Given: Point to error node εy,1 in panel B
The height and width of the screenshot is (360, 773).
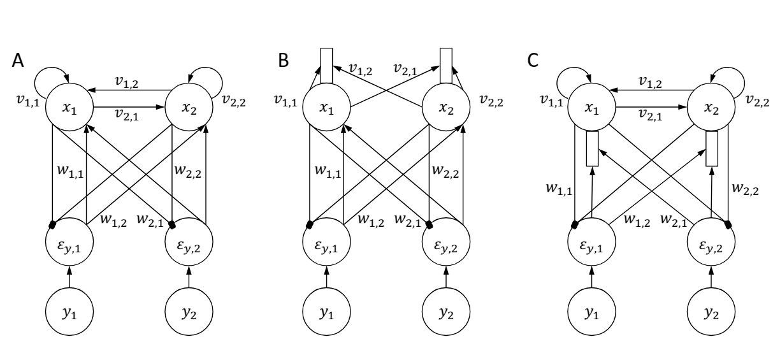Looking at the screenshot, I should click(x=327, y=244).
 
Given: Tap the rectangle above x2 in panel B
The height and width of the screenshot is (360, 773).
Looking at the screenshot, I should click(x=446, y=65).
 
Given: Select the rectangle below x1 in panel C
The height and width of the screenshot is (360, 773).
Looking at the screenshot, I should click(x=593, y=148).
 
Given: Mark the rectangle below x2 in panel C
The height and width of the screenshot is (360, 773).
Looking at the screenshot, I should click(x=712, y=148).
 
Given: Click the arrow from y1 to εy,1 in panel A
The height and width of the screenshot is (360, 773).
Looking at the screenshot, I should click(x=69, y=279).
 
